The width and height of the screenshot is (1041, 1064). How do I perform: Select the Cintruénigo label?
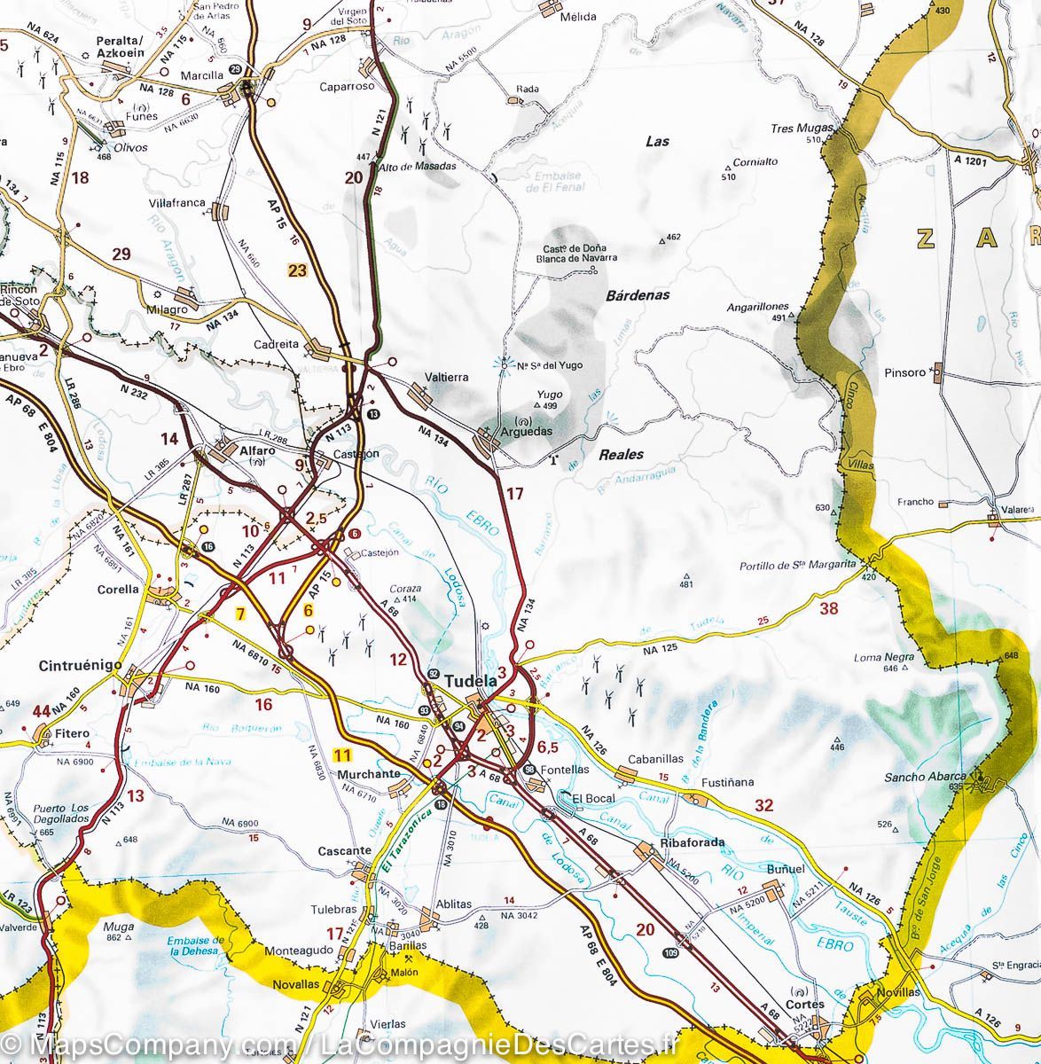click(76, 665)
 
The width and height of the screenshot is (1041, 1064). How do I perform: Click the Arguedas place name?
click(527, 431)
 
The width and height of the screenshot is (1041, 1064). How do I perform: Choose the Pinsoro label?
click(904, 372)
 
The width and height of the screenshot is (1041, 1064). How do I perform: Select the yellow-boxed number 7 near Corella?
click(239, 613)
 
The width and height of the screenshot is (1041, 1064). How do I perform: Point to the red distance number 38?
click(829, 608)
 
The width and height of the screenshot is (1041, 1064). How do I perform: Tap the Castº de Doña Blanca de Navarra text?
click(575, 254)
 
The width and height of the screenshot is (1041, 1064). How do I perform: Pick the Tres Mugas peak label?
click(802, 128)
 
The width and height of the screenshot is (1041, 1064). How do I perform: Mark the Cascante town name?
click(344, 851)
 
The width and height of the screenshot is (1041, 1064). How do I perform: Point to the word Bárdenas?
click(638, 294)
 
